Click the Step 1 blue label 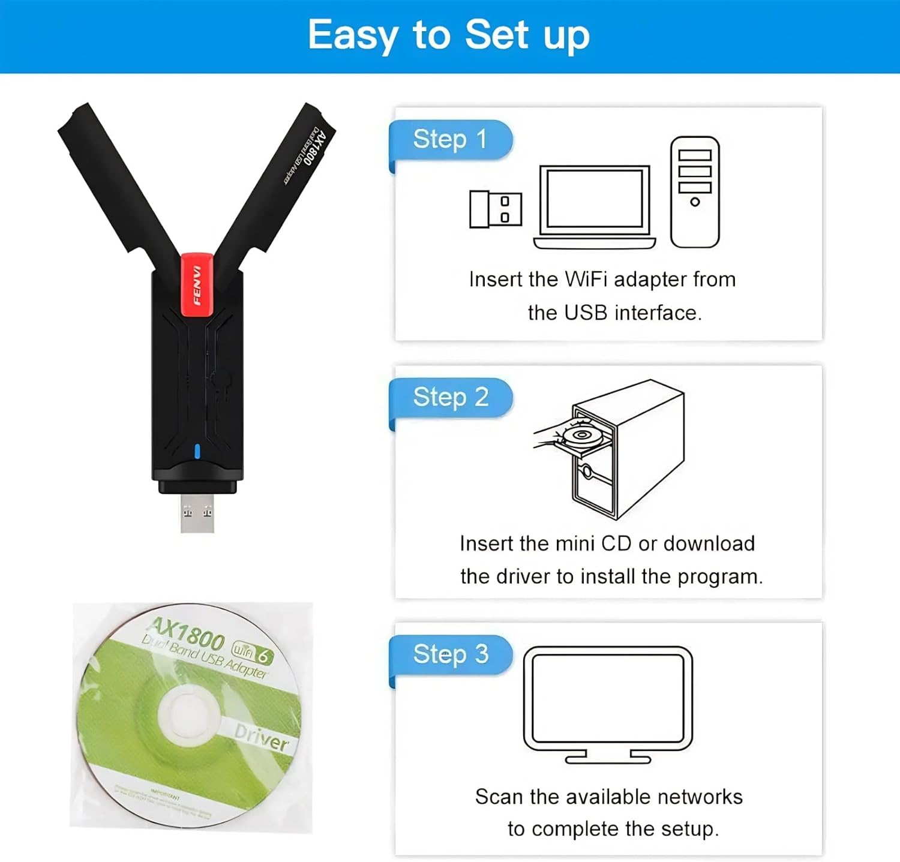coord(450,140)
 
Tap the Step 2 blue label coord(450,397)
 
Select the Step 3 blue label coord(450,654)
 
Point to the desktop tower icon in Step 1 coord(695,192)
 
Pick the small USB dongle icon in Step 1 coord(495,209)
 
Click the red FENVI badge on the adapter coord(197,285)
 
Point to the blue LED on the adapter coord(197,451)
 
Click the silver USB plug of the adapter coord(197,513)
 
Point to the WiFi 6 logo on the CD coord(253,652)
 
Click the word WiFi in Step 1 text coord(586,280)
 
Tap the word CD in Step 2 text coord(616,543)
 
